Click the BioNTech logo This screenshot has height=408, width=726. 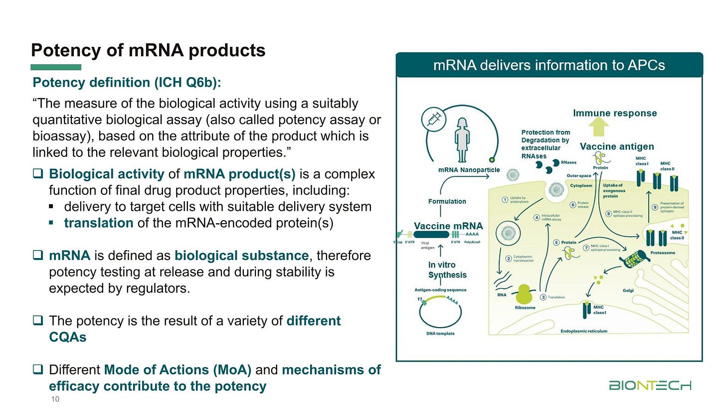click(x=650, y=386)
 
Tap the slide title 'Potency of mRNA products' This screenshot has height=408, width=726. click(x=148, y=50)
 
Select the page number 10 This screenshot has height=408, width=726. click(x=55, y=399)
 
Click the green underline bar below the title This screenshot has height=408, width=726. click(x=56, y=67)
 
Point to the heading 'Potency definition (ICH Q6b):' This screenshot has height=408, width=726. click(x=127, y=82)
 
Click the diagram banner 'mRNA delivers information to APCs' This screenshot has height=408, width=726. click(x=549, y=65)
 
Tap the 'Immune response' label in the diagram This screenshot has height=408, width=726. click(x=615, y=113)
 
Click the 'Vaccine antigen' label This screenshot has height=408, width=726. click(x=617, y=146)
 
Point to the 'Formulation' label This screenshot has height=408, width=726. click(x=447, y=201)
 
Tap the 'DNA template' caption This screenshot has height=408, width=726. click(x=440, y=333)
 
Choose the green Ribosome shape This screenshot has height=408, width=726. click(x=524, y=294)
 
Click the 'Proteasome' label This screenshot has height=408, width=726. click(x=663, y=253)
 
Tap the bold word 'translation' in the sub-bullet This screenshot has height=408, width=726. click(x=99, y=223)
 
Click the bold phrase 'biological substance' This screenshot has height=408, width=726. click(x=241, y=256)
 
